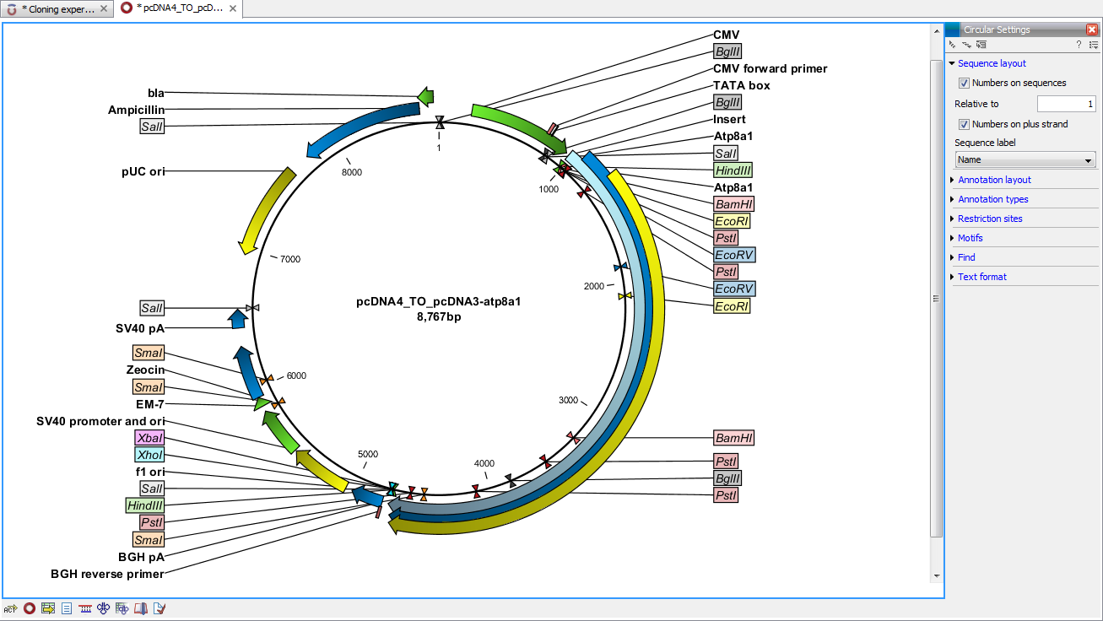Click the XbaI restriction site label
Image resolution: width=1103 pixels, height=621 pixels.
pyautogui.click(x=149, y=438)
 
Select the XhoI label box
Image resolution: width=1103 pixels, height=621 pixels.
pyautogui.click(x=149, y=455)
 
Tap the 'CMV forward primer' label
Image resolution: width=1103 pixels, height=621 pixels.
pyautogui.click(x=770, y=68)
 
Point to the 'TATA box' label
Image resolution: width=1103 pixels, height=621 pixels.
pyautogui.click(x=741, y=85)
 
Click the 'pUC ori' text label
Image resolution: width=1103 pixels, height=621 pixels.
pyautogui.click(x=143, y=171)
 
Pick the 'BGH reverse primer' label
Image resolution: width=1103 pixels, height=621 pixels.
pyautogui.click(x=107, y=574)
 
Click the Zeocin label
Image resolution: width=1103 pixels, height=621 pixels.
pyautogui.click(x=145, y=370)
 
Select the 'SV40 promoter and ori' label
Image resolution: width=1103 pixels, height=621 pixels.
pyautogui.click(x=100, y=421)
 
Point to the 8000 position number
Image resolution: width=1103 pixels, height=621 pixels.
pyautogui.click(x=351, y=172)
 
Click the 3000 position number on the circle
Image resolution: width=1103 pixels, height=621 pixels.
pyautogui.click(x=568, y=400)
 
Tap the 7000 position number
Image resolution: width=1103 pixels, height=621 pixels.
pyautogui.click(x=290, y=260)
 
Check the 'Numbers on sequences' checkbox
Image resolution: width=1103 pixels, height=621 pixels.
pyautogui.click(x=964, y=84)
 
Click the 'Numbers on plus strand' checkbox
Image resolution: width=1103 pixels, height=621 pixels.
pyautogui.click(x=964, y=124)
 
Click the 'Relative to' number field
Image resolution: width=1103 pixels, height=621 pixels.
pyautogui.click(x=1066, y=104)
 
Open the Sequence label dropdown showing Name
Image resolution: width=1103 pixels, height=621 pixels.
pyautogui.click(x=1025, y=159)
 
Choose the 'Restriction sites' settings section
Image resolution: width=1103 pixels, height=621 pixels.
pyautogui.click(x=990, y=219)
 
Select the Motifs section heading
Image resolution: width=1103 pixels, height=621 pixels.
pyautogui.click(x=971, y=238)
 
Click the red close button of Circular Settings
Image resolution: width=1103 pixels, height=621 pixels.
pyautogui.click(x=1091, y=30)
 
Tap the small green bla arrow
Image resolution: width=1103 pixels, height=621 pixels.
pyautogui.click(x=426, y=95)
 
